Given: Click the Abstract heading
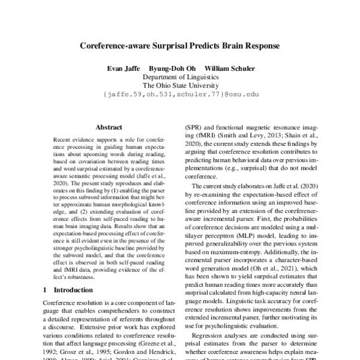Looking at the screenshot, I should pos(109,127).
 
